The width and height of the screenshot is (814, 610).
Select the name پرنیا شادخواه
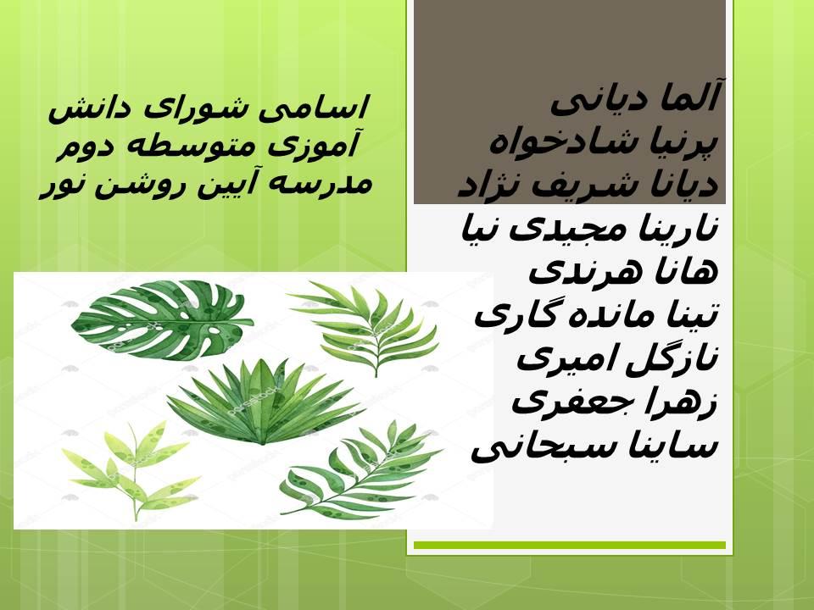(x=604, y=141)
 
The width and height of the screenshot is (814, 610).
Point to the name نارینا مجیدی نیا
(x=590, y=229)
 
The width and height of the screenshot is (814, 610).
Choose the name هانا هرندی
(x=623, y=272)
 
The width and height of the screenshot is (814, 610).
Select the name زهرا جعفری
(x=615, y=401)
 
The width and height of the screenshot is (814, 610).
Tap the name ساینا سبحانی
(x=594, y=446)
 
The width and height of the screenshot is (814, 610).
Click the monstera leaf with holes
(x=161, y=320)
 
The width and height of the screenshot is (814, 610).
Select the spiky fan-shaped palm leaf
(x=265, y=402)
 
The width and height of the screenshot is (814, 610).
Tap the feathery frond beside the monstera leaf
(x=366, y=328)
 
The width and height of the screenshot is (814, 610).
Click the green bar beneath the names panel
(x=570, y=545)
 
